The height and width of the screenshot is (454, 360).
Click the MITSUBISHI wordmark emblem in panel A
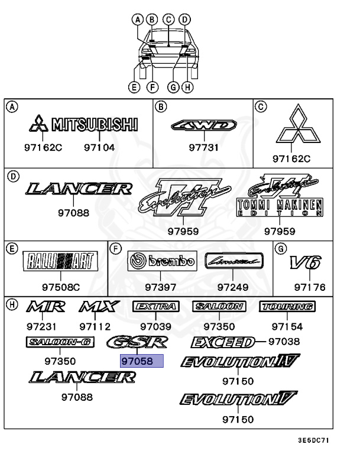coord(95,125)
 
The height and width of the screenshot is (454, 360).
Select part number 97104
coord(99,148)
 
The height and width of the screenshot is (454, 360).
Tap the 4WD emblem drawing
coord(203,125)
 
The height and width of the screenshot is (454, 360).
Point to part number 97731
coord(204,148)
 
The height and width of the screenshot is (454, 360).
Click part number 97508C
coord(60,287)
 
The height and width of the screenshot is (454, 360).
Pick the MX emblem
coord(96,307)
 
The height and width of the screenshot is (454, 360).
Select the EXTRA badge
coord(155,306)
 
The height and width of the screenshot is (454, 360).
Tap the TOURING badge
coord(287,306)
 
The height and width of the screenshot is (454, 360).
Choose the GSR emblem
coord(138,342)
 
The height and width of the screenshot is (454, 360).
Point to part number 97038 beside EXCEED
coord(284,341)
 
